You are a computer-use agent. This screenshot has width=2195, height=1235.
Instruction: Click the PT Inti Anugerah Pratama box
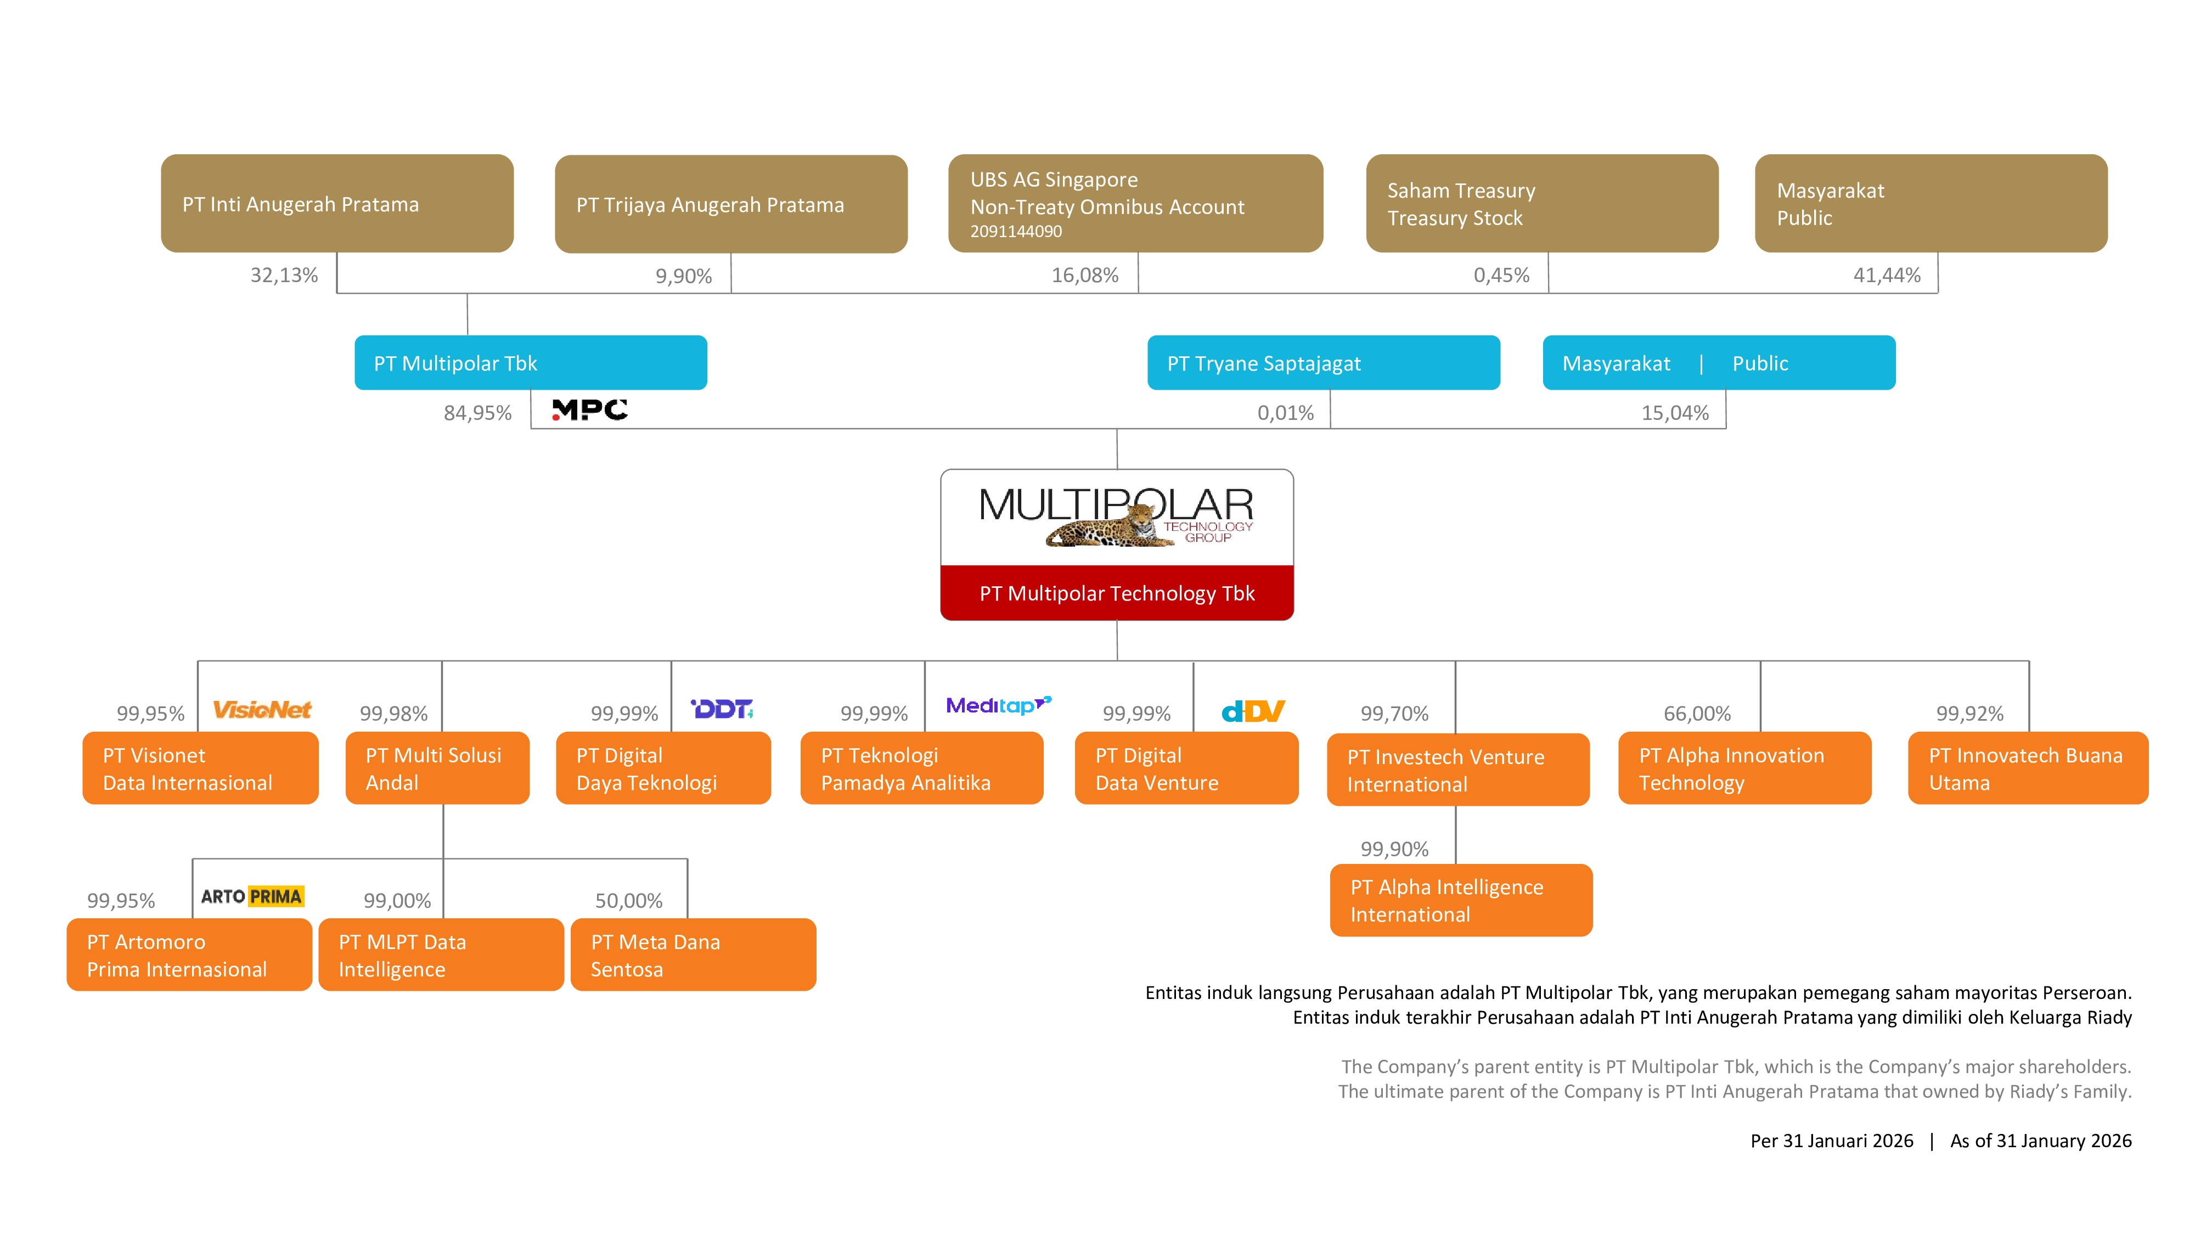[336, 203]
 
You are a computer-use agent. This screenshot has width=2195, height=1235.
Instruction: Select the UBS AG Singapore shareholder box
[1135, 203]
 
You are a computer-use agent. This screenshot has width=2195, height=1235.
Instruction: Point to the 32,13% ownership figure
[284, 276]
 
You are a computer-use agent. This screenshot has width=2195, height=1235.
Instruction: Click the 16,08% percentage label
[1085, 276]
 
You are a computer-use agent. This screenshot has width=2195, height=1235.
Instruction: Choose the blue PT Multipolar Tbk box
[530, 362]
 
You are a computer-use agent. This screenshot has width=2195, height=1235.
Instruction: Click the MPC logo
[590, 410]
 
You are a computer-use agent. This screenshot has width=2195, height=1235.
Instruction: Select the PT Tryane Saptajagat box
[1323, 362]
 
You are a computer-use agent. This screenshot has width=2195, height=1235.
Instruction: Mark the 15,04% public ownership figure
[1675, 413]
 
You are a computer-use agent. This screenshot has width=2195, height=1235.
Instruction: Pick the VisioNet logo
[262, 709]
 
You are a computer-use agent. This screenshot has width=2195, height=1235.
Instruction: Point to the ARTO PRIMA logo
[252, 896]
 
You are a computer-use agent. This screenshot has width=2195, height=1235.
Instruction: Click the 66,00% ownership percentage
[1697, 714]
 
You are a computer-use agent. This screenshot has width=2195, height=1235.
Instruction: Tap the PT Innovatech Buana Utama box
[2028, 768]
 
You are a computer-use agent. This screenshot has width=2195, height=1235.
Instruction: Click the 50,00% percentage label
[629, 901]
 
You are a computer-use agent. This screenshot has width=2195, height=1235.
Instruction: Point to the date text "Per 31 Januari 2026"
[1832, 1141]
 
